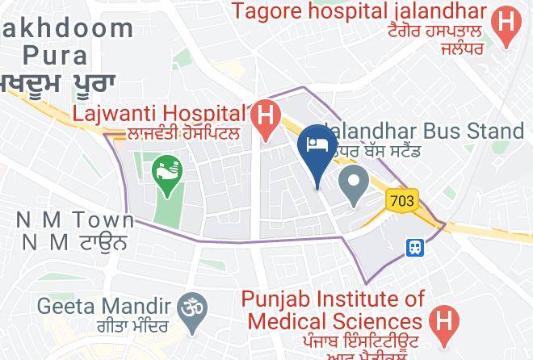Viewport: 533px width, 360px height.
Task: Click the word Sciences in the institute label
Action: click(x=379, y=320)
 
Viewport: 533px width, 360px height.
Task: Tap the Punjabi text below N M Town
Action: click(x=74, y=241)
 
